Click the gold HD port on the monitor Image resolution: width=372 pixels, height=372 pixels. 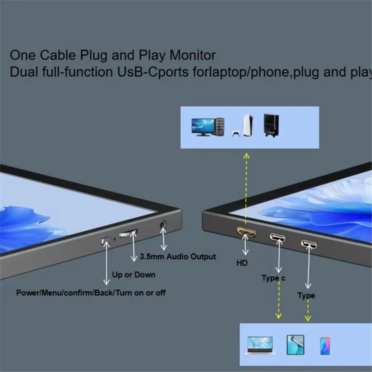tap(246, 232)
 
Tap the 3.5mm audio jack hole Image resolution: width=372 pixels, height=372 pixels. tap(163, 225)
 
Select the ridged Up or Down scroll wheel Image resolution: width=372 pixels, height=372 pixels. tap(128, 233)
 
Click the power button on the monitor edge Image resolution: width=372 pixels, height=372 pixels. tap(105, 241)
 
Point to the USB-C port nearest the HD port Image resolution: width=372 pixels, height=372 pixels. tap(277, 237)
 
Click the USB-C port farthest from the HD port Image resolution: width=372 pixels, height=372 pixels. tap(309, 244)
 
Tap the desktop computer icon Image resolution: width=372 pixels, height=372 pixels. tap(208, 127)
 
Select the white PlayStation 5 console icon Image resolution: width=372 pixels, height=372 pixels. tap(243, 126)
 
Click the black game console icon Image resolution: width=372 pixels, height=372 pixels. tap(271, 125)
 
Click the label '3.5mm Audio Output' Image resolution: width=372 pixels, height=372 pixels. tap(178, 257)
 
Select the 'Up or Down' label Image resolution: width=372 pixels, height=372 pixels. tap(134, 275)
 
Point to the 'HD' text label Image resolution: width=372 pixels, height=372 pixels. tap(242, 263)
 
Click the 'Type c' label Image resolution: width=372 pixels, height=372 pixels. tap(273, 278)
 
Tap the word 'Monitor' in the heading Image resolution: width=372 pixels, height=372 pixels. tap(193, 55)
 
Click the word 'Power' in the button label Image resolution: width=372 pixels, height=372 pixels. tap(28, 293)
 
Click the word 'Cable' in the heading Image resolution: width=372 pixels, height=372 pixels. tap(58, 55)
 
